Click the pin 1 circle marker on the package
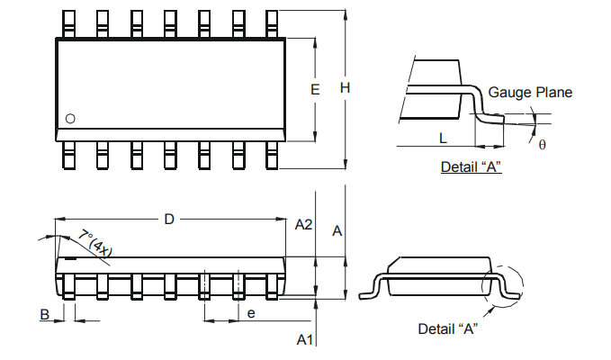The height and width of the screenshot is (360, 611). pyautogui.click(x=71, y=119)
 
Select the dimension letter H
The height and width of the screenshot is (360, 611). pyautogui.click(x=345, y=87)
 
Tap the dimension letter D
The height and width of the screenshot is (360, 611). pyautogui.click(x=168, y=219)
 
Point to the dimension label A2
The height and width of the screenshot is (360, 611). pyautogui.click(x=303, y=224)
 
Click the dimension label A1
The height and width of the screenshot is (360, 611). pyautogui.click(x=304, y=339)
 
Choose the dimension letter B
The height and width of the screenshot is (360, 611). pyautogui.click(x=43, y=314)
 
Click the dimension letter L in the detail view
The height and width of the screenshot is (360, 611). pyautogui.click(x=443, y=138)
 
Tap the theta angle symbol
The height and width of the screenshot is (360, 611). pyautogui.click(x=542, y=144)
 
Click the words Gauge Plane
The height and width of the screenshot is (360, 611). pyautogui.click(x=530, y=93)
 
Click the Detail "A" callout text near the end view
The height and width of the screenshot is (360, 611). pyautogui.click(x=447, y=328)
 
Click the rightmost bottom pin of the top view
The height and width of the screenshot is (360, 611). pyautogui.click(x=271, y=155)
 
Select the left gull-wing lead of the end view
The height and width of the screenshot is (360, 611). pyautogui.click(x=369, y=289)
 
